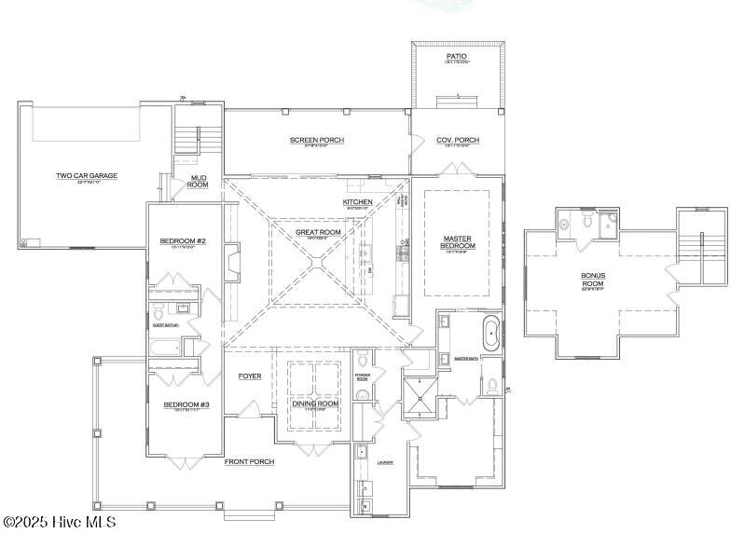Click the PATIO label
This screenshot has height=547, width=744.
point(456,56)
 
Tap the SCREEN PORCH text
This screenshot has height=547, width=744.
point(317,141)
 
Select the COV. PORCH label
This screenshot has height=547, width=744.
point(458,141)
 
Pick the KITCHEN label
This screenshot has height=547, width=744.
point(357,202)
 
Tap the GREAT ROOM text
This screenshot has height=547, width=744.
point(318,232)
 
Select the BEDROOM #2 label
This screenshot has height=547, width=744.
point(182,241)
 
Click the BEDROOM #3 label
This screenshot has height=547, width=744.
point(186,404)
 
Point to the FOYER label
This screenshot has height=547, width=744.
point(249,376)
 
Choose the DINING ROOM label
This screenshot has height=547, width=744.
point(314,403)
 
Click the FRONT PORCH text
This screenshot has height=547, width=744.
point(249,461)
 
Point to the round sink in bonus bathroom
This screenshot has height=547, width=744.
point(564,224)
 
